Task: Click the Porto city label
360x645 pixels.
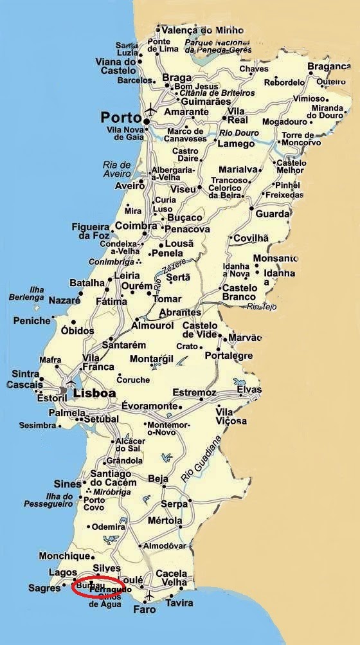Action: coord(120,118)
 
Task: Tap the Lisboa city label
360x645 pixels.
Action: coord(94,393)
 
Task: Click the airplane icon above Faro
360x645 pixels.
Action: coord(149,594)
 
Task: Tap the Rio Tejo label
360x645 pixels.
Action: coord(262,307)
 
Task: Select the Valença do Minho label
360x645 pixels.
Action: coord(194,30)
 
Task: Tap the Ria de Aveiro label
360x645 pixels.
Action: coord(116,169)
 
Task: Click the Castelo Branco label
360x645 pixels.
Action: coord(240,293)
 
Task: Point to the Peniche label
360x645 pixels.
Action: coord(31,320)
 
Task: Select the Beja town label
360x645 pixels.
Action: coord(157,478)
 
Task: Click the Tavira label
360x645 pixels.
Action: coord(179,603)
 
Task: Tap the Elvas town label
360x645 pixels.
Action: coord(249,390)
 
